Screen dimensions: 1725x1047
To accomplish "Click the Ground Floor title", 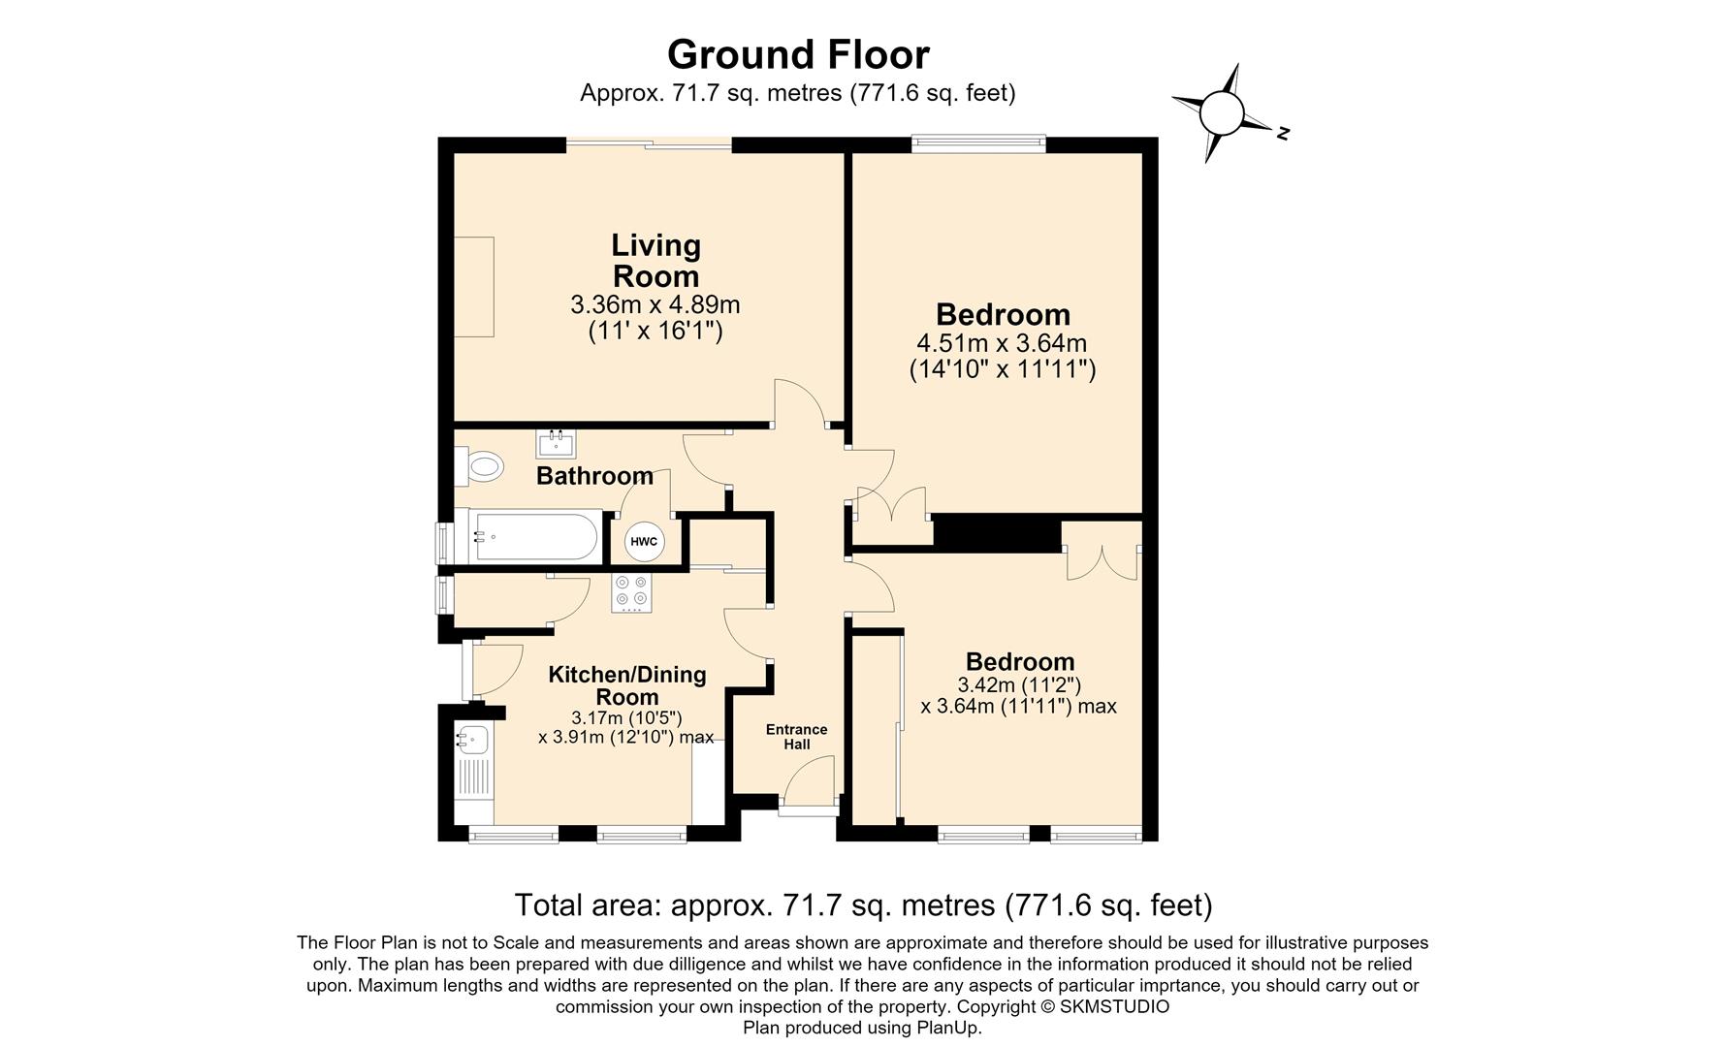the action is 798,54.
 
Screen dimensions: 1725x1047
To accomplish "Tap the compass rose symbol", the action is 1222,113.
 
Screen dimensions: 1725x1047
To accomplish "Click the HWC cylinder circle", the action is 644,541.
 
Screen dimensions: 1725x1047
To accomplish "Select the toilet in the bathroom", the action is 479,467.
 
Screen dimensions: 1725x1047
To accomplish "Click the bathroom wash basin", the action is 556,444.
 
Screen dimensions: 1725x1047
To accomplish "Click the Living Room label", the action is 656,260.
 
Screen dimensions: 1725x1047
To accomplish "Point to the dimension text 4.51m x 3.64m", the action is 1002,343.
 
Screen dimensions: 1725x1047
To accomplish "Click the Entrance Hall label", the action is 797,737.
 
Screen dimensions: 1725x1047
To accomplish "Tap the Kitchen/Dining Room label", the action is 627,685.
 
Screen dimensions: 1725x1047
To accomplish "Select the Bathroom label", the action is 594,476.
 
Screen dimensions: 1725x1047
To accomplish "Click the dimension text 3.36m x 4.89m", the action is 655,305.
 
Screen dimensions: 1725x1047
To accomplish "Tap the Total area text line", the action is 863,904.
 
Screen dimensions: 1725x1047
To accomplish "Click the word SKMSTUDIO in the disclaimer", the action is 1114,1006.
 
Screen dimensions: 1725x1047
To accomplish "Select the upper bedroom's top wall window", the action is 979,143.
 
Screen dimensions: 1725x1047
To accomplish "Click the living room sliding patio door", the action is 649,144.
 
